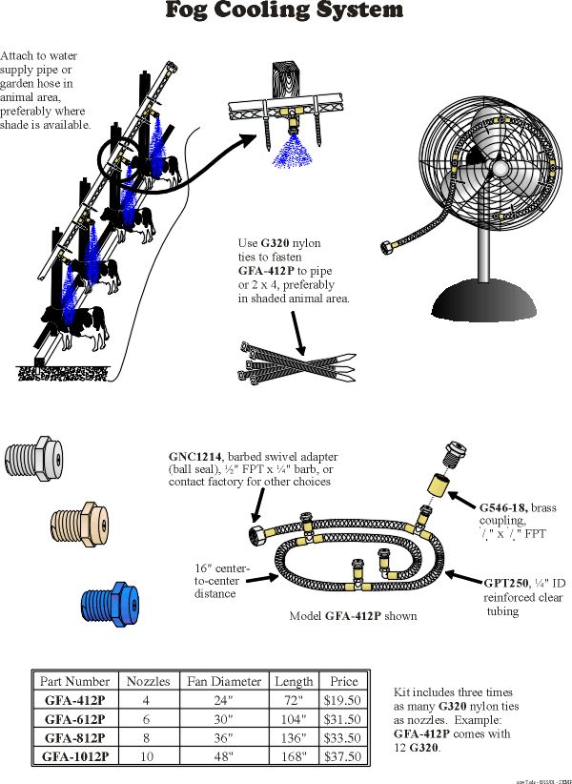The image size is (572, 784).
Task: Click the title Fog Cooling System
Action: [x=284, y=11]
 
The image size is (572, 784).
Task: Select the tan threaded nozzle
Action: [x=79, y=522]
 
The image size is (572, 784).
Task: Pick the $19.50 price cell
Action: [x=344, y=699]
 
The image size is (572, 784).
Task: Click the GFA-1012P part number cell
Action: [x=75, y=756]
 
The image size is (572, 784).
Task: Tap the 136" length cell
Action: [x=294, y=737]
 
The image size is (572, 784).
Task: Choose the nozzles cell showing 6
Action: [x=148, y=718]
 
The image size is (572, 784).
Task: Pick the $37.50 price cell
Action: [x=344, y=756]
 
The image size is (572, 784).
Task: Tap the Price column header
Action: [x=344, y=681]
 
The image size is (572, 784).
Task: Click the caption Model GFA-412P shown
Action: [x=353, y=616]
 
